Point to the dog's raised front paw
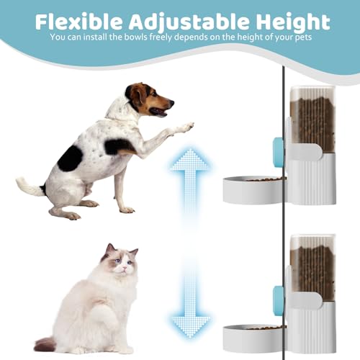(x=186, y=128)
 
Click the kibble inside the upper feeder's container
(x=312, y=122)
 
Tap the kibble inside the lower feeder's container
(x=312, y=270)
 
